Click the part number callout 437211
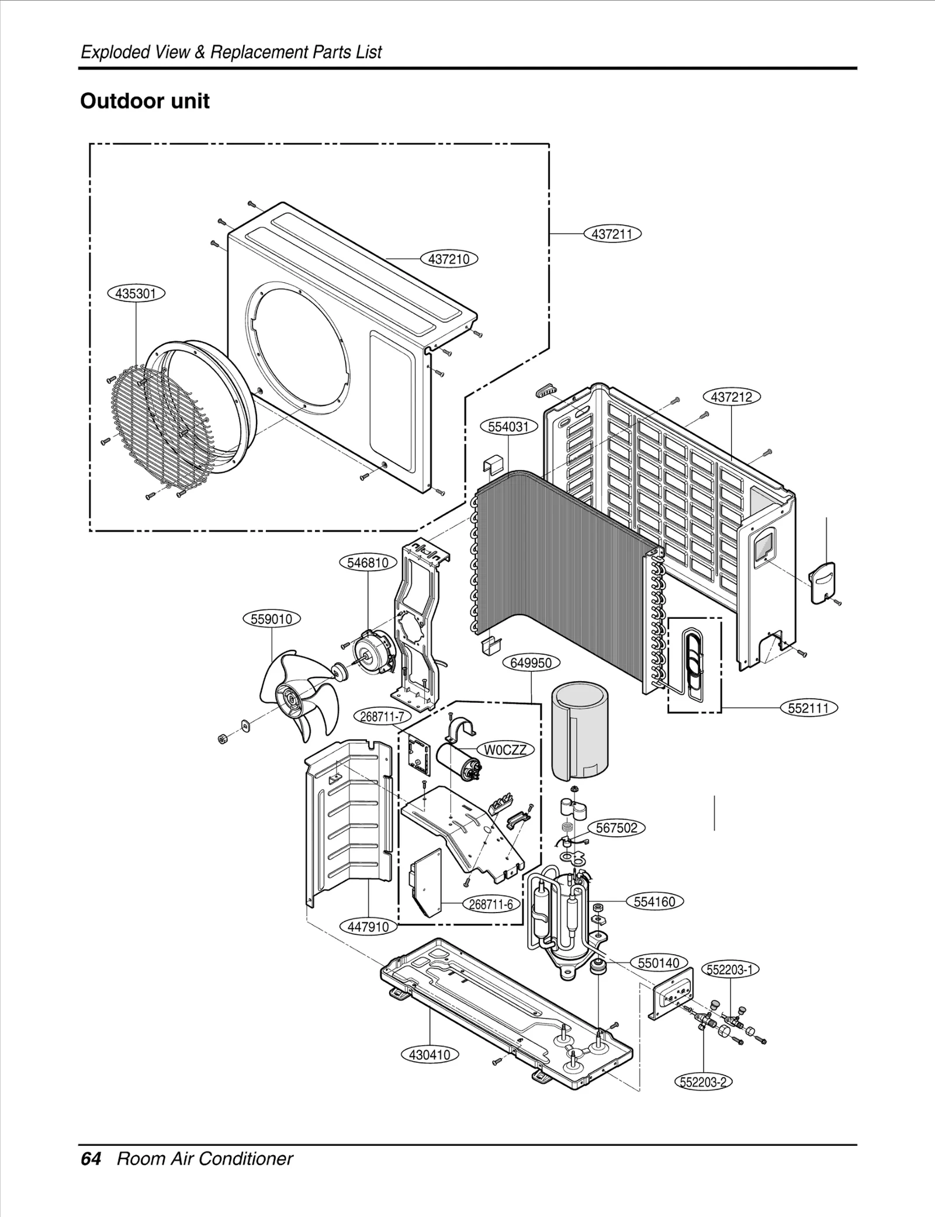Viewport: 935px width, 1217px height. coord(612,234)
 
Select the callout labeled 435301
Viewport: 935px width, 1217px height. coord(136,293)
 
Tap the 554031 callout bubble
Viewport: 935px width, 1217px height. coord(508,427)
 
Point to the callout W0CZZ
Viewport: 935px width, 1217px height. coord(505,750)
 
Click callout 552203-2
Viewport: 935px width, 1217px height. coord(704,1081)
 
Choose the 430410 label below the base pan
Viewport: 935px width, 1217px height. coord(430,1055)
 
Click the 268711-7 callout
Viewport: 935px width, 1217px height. coord(382,716)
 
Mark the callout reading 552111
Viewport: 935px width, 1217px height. coord(809,708)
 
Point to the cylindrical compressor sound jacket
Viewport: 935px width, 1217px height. coord(580,730)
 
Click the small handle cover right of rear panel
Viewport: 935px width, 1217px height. coord(822,581)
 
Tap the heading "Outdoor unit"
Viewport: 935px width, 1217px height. coord(144,101)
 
